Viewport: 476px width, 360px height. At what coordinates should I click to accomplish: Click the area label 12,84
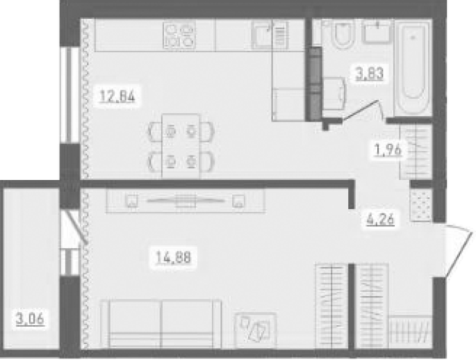coord(117,97)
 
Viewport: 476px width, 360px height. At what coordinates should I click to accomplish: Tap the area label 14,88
coord(173,258)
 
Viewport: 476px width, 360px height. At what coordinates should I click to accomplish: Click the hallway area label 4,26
coord(380,220)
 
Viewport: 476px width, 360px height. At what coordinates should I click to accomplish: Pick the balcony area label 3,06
coord(30,319)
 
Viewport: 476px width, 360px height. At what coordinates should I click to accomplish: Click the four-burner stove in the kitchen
coord(179,35)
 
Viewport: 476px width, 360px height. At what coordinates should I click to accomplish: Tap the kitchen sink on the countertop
coord(269,35)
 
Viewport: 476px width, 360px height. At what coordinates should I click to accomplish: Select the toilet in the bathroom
coord(343,34)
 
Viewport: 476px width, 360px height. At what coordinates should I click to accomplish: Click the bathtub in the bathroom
coord(413,67)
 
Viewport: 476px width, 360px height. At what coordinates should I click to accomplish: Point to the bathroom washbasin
coord(377,31)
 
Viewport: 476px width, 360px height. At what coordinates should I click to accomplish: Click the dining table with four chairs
coord(181,146)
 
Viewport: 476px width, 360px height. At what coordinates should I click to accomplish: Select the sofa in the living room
coord(161,324)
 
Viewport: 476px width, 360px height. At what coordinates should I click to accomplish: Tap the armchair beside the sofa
coord(255,330)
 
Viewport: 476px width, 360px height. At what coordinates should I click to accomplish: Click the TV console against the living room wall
coord(186,201)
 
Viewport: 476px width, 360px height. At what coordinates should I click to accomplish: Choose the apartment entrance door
coord(459,250)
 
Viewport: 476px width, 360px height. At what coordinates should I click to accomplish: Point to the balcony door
coord(74,227)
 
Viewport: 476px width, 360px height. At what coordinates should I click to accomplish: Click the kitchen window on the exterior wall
coord(69,95)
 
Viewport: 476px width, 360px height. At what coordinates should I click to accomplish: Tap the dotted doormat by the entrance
coord(420,205)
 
